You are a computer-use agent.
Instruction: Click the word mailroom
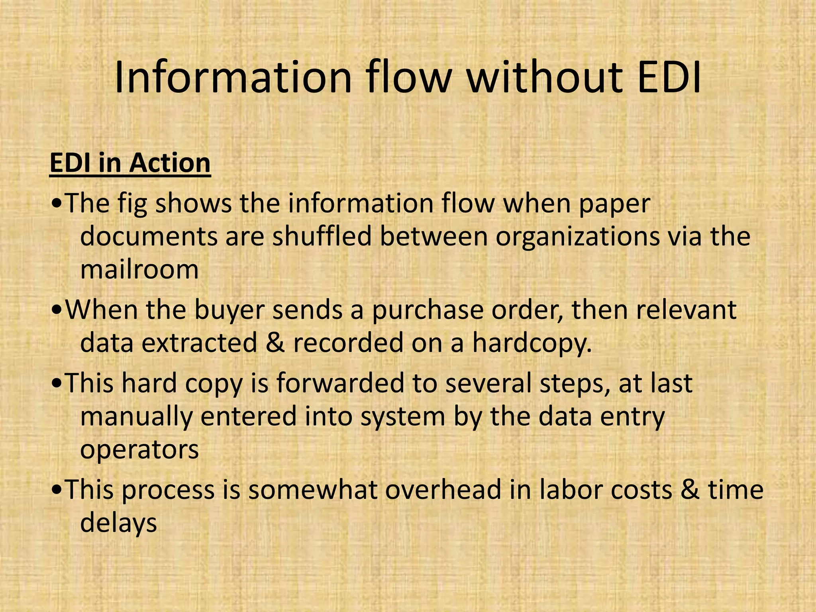tap(139, 269)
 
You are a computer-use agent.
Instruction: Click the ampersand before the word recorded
tap(275, 343)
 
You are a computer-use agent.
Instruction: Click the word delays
tap(119, 523)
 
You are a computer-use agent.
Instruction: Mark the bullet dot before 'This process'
tap(57, 490)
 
